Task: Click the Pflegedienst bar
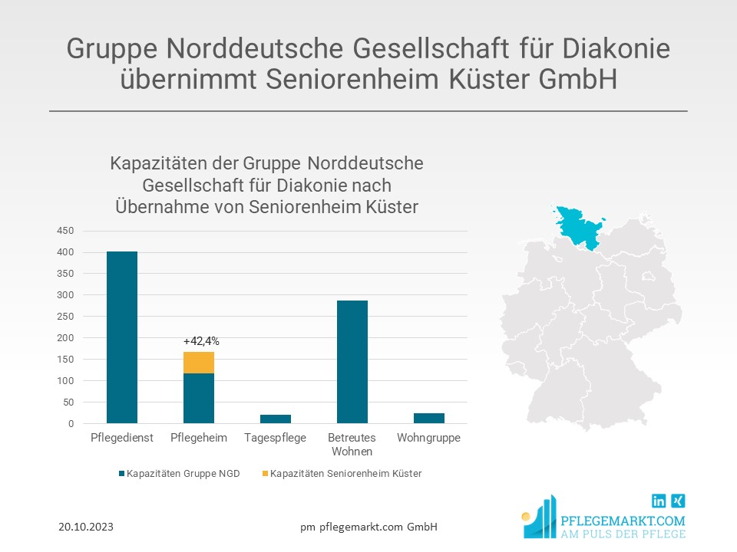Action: [x=122, y=337]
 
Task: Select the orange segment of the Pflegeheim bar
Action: [x=199, y=363]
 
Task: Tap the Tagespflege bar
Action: [x=276, y=419]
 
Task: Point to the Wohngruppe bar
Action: [x=429, y=419]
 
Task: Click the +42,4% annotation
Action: [x=201, y=341]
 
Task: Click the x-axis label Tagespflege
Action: [x=276, y=438]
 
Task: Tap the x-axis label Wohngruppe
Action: [x=429, y=438]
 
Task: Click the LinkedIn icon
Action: [x=659, y=501]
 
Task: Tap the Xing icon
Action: [x=678, y=501]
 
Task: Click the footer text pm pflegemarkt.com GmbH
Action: [x=368, y=527]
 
